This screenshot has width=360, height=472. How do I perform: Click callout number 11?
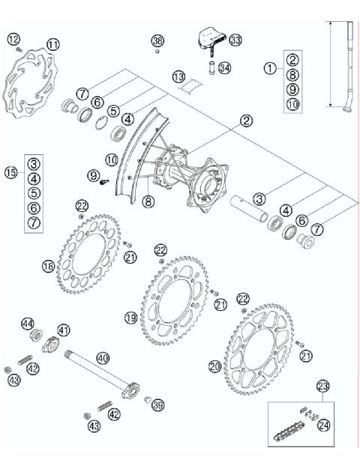click(52, 45)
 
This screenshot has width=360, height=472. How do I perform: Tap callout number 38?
click(157, 40)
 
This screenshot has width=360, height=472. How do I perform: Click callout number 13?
click(178, 77)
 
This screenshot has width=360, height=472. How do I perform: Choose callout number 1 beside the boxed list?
click(269, 67)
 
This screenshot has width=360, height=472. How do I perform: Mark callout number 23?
click(323, 387)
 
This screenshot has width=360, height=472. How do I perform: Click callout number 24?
click(324, 425)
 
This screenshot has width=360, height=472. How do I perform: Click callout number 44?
click(28, 324)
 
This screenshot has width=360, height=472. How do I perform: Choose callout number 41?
click(64, 330)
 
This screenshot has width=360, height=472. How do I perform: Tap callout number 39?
click(157, 405)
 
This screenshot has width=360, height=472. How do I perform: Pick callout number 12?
click(13, 39)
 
